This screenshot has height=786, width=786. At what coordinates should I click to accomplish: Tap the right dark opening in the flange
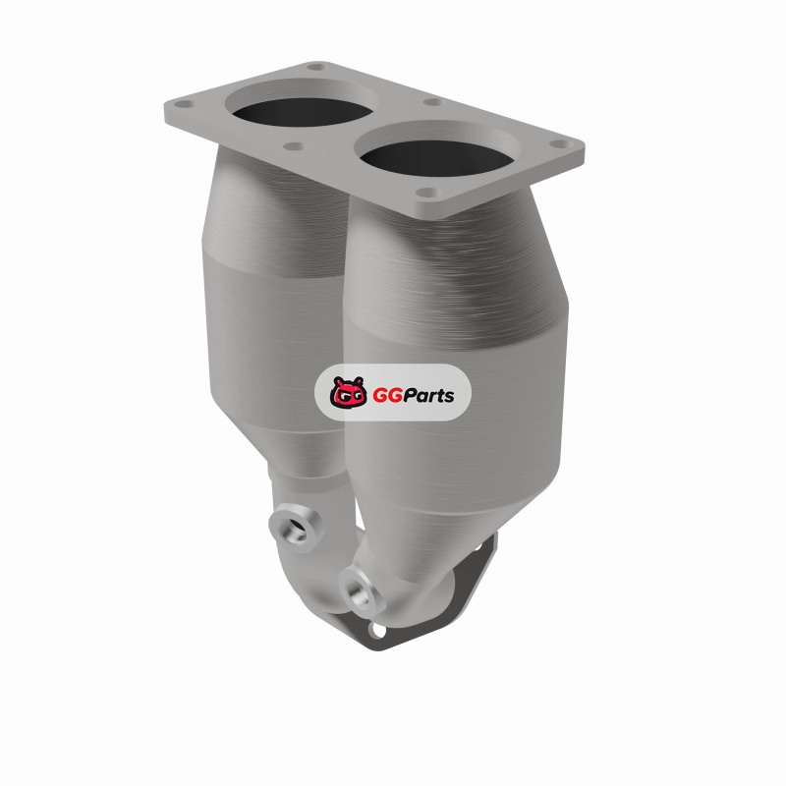(436, 158)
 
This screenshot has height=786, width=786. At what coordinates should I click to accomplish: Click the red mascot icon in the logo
(348, 392)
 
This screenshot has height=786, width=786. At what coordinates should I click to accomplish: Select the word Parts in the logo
(429, 396)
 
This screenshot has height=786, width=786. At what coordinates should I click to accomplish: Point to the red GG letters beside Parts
(387, 396)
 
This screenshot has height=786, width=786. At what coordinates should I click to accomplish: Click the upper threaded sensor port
(296, 527)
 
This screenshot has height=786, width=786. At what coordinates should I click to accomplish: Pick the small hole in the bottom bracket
(378, 630)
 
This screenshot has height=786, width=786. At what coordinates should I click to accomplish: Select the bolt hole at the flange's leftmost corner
(184, 105)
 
